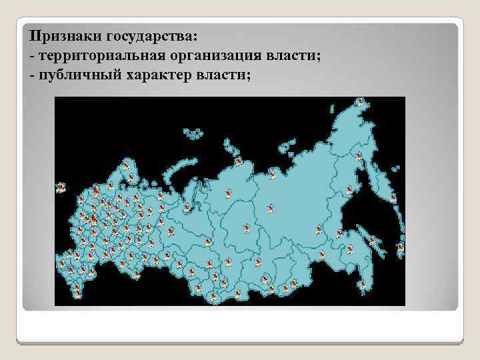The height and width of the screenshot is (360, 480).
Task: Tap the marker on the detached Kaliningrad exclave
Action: point(61,187)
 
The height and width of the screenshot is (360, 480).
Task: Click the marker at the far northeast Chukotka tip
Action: point(361,102)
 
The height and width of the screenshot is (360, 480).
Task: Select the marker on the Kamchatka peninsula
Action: point(393,197)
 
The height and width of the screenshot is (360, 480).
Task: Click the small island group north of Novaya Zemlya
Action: point(194,134)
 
